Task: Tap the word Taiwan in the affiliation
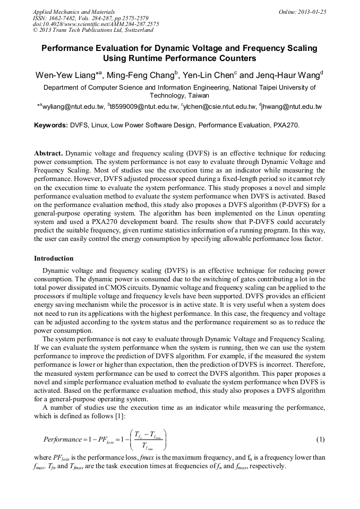198,96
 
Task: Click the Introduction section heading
54,258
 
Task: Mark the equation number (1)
321,440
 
